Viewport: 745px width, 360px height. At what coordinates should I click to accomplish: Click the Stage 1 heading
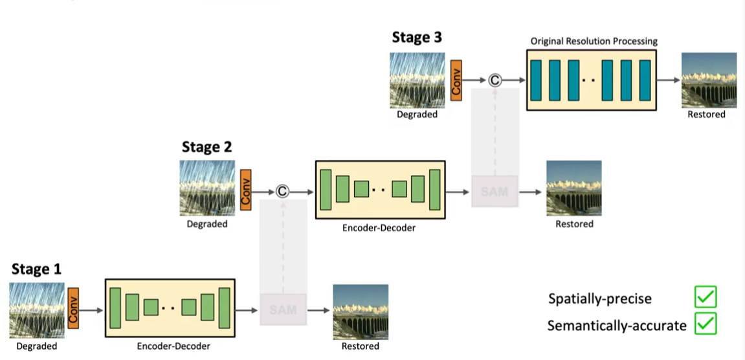[x=36, y=269]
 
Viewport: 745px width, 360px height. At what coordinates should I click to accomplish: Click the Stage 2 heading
[x=206, y=146]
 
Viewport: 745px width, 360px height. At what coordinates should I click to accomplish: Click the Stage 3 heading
[x=417, y=38]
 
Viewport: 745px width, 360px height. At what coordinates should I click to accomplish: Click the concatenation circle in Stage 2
[x=282, y=191]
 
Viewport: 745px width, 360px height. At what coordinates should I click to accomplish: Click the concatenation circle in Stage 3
[x=495, y=80]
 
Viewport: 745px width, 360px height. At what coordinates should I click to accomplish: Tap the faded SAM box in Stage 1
[x=283, y=309]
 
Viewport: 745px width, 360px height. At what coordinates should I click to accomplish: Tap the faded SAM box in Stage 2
[x=495, y=192]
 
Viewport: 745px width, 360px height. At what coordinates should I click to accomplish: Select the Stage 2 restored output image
[x=573, y=188]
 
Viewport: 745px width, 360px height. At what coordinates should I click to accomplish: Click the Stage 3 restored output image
[x=709, y=80]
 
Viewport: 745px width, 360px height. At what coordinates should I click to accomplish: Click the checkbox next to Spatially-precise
[x=705, y=298]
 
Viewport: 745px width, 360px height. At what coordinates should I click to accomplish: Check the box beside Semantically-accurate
[x=705, y=324]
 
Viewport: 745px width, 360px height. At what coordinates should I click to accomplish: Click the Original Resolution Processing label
[x=594, y=41]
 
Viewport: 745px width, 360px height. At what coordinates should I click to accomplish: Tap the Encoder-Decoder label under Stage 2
[x=379, y=228]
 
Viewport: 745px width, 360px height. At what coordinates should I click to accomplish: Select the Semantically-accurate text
[x=616, y=326]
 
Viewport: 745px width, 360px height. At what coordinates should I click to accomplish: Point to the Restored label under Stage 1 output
[x=361, y=346]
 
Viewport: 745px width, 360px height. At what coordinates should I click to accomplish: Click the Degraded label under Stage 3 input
[x=417, y=115]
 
